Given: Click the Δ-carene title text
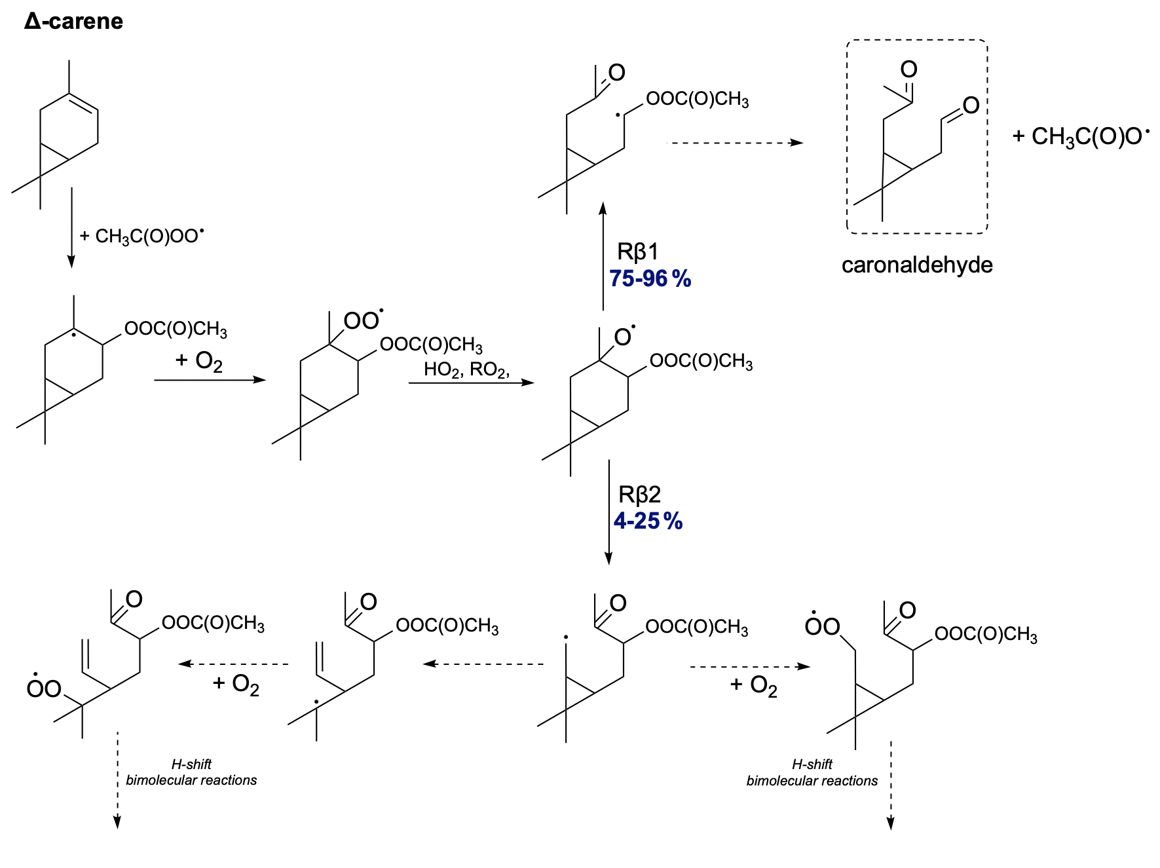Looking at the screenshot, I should [x=73, y=22].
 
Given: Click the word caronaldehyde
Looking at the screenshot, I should [x=916, y=265].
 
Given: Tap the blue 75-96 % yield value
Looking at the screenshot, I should [x=650, y=279].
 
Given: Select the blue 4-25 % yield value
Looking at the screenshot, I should [x=648, y=521].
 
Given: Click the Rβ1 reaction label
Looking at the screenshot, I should [x=637, y=252].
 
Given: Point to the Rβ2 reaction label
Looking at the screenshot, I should [x=639, y=494].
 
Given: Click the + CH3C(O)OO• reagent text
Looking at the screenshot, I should [x=141, y=235].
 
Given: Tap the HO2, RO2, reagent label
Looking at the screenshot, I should [x=466, y=369].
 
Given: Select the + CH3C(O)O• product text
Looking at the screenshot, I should [x=1081, y=136].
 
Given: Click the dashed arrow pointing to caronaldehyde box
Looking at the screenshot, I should [x=734, y=143].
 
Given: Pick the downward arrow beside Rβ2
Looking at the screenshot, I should [x=608, y=512].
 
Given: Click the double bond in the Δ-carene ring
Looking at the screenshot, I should [x=84, y=103].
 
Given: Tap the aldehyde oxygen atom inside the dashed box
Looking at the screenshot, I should [x=971, y=105].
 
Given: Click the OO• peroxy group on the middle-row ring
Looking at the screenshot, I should [x=362, y=320].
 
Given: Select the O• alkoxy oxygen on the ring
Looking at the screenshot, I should [x=624, y=337].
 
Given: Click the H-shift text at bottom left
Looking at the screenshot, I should [x=191, y=764].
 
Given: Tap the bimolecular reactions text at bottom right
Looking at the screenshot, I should [x=812, y=781].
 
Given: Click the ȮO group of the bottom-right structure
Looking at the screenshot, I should [x=822, y=626].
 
